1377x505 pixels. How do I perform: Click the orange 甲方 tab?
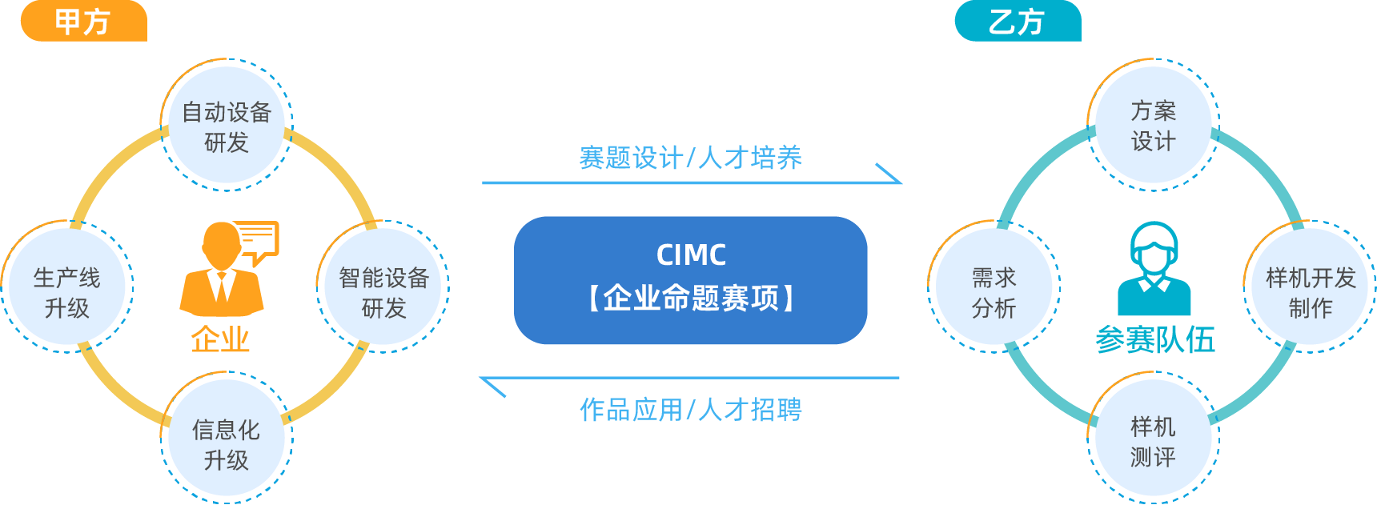[x=83, y=21]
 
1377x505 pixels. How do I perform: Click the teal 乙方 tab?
[x=1018, y=21]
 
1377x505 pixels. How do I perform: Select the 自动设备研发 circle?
[x=227, y=126]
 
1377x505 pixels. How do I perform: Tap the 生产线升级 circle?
[x=67, y=287]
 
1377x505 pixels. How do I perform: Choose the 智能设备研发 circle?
[x=383, y=287]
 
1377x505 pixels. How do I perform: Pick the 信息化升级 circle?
[x=227, y=438]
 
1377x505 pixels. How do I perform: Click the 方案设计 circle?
[x=1154, y=126]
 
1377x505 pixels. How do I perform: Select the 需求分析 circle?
[x=994, y=287]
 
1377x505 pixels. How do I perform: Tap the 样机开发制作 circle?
[x=1311, y=287]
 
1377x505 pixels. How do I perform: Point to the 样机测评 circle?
[x=1154, y=438]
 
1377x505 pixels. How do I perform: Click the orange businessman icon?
[x=222, y=271]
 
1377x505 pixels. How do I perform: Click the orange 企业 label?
[x=220, y=339]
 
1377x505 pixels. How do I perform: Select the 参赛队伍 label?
[x=1154, y=339]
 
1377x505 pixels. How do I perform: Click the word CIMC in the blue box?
[x=691, y=255]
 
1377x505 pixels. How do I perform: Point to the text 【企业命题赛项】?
[x=691, y=298]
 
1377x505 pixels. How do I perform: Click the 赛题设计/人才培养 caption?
[x=690, y=157]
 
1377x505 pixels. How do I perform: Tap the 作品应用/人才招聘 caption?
[x=690, y=410]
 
